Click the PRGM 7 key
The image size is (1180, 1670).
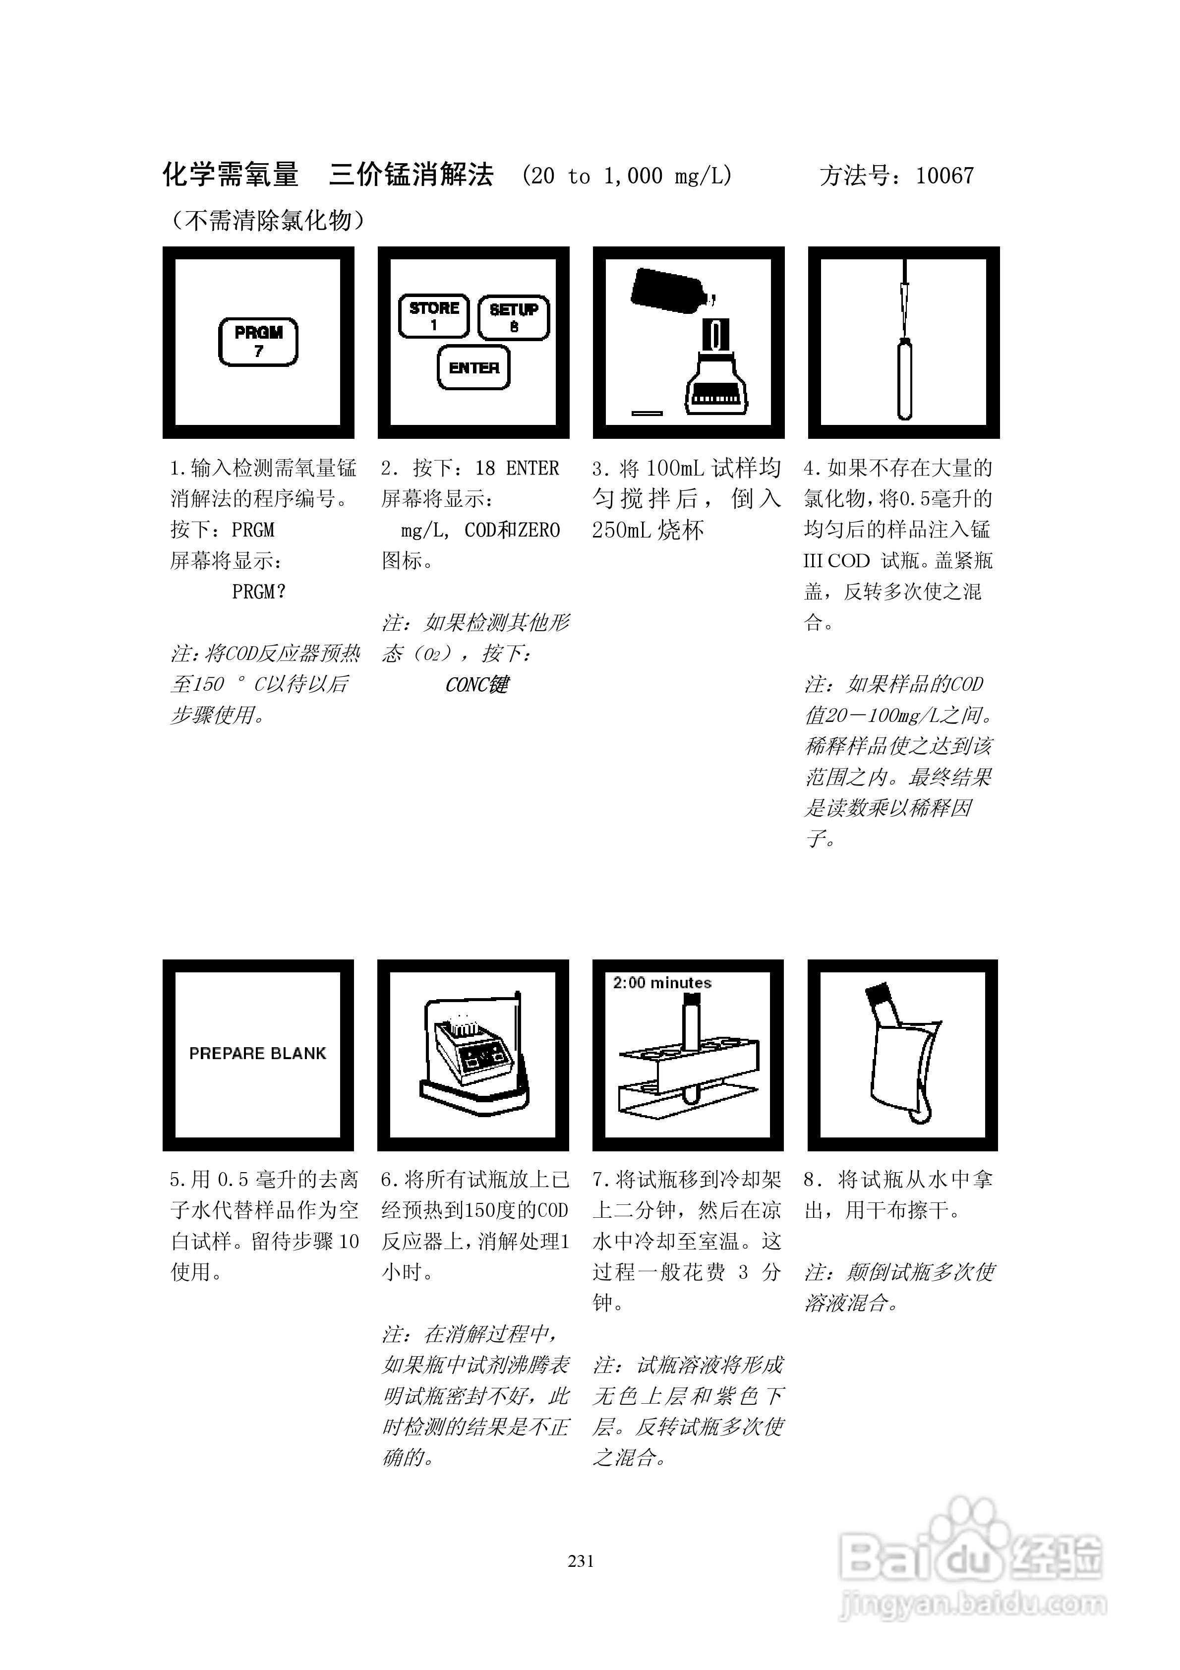coord(258,342)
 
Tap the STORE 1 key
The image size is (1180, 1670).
coord(434,316)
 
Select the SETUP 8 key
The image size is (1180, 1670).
coord(514,317)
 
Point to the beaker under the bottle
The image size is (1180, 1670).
coord(716,378)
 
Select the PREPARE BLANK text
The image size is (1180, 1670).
coord(257,1053)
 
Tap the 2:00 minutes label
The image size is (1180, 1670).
coord(662,983)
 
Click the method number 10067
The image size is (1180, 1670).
coord(944,176)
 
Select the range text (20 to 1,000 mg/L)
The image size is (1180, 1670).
coord(627,176)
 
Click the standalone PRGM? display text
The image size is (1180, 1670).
coord(258,592)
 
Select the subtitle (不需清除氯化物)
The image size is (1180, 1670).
coord(267,220)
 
